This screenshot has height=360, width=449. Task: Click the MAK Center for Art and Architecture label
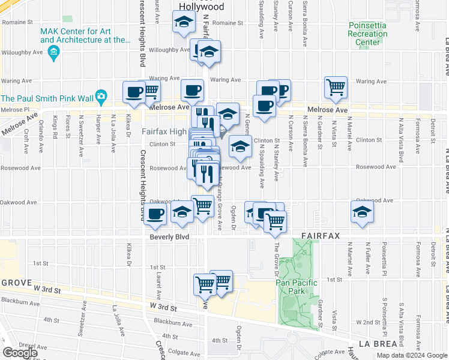(x=85, y=35)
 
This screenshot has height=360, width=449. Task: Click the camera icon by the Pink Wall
(x=101, y=96)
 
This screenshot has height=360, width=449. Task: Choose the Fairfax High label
(x=164, y=131)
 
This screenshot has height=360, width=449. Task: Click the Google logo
(x=20, y=353)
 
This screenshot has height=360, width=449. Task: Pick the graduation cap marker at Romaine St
(x=182, y=24)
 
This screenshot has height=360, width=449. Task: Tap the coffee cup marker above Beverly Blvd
(x=155, y=214)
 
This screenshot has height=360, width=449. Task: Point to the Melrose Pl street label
(x=14, y=110)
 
